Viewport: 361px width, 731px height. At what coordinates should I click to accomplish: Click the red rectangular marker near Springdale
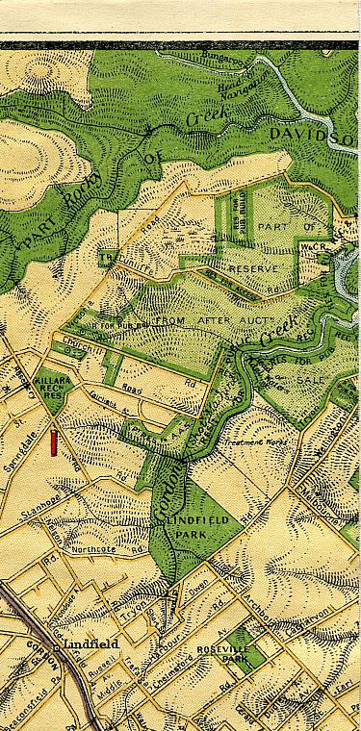point(54,442)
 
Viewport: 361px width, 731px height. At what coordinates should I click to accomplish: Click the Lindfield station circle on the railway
point(58,648)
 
